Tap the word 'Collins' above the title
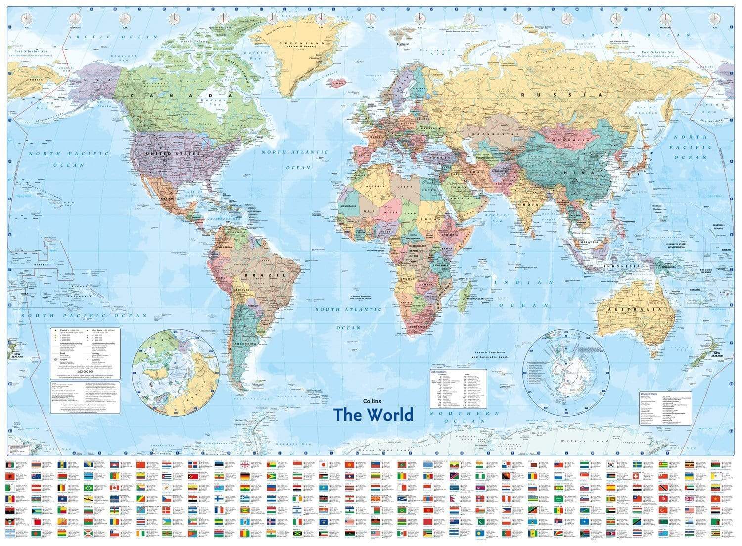coord(372,401)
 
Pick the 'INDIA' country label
coord(528,204)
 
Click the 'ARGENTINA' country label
coord(245,343)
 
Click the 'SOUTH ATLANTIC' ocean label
coord(349,310)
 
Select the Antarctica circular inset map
coord(566,371)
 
